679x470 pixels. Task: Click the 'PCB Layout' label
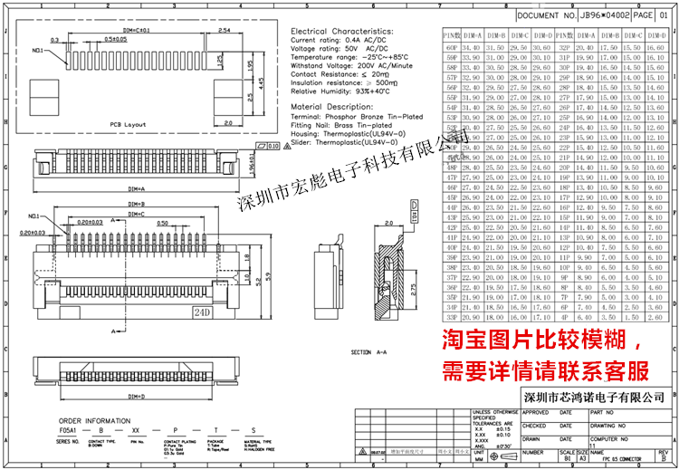(127, 123)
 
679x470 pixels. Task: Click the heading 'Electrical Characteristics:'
(341, 31)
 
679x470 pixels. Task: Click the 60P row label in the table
(451, 46)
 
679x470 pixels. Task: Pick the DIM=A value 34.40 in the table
(471, 46)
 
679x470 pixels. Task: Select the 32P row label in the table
(564, 46)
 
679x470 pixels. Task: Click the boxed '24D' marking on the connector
(200, 312)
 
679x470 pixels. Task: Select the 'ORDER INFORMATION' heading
(93, 421)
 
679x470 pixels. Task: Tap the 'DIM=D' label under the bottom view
(136, 396)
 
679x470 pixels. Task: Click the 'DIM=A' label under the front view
(135, 187)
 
